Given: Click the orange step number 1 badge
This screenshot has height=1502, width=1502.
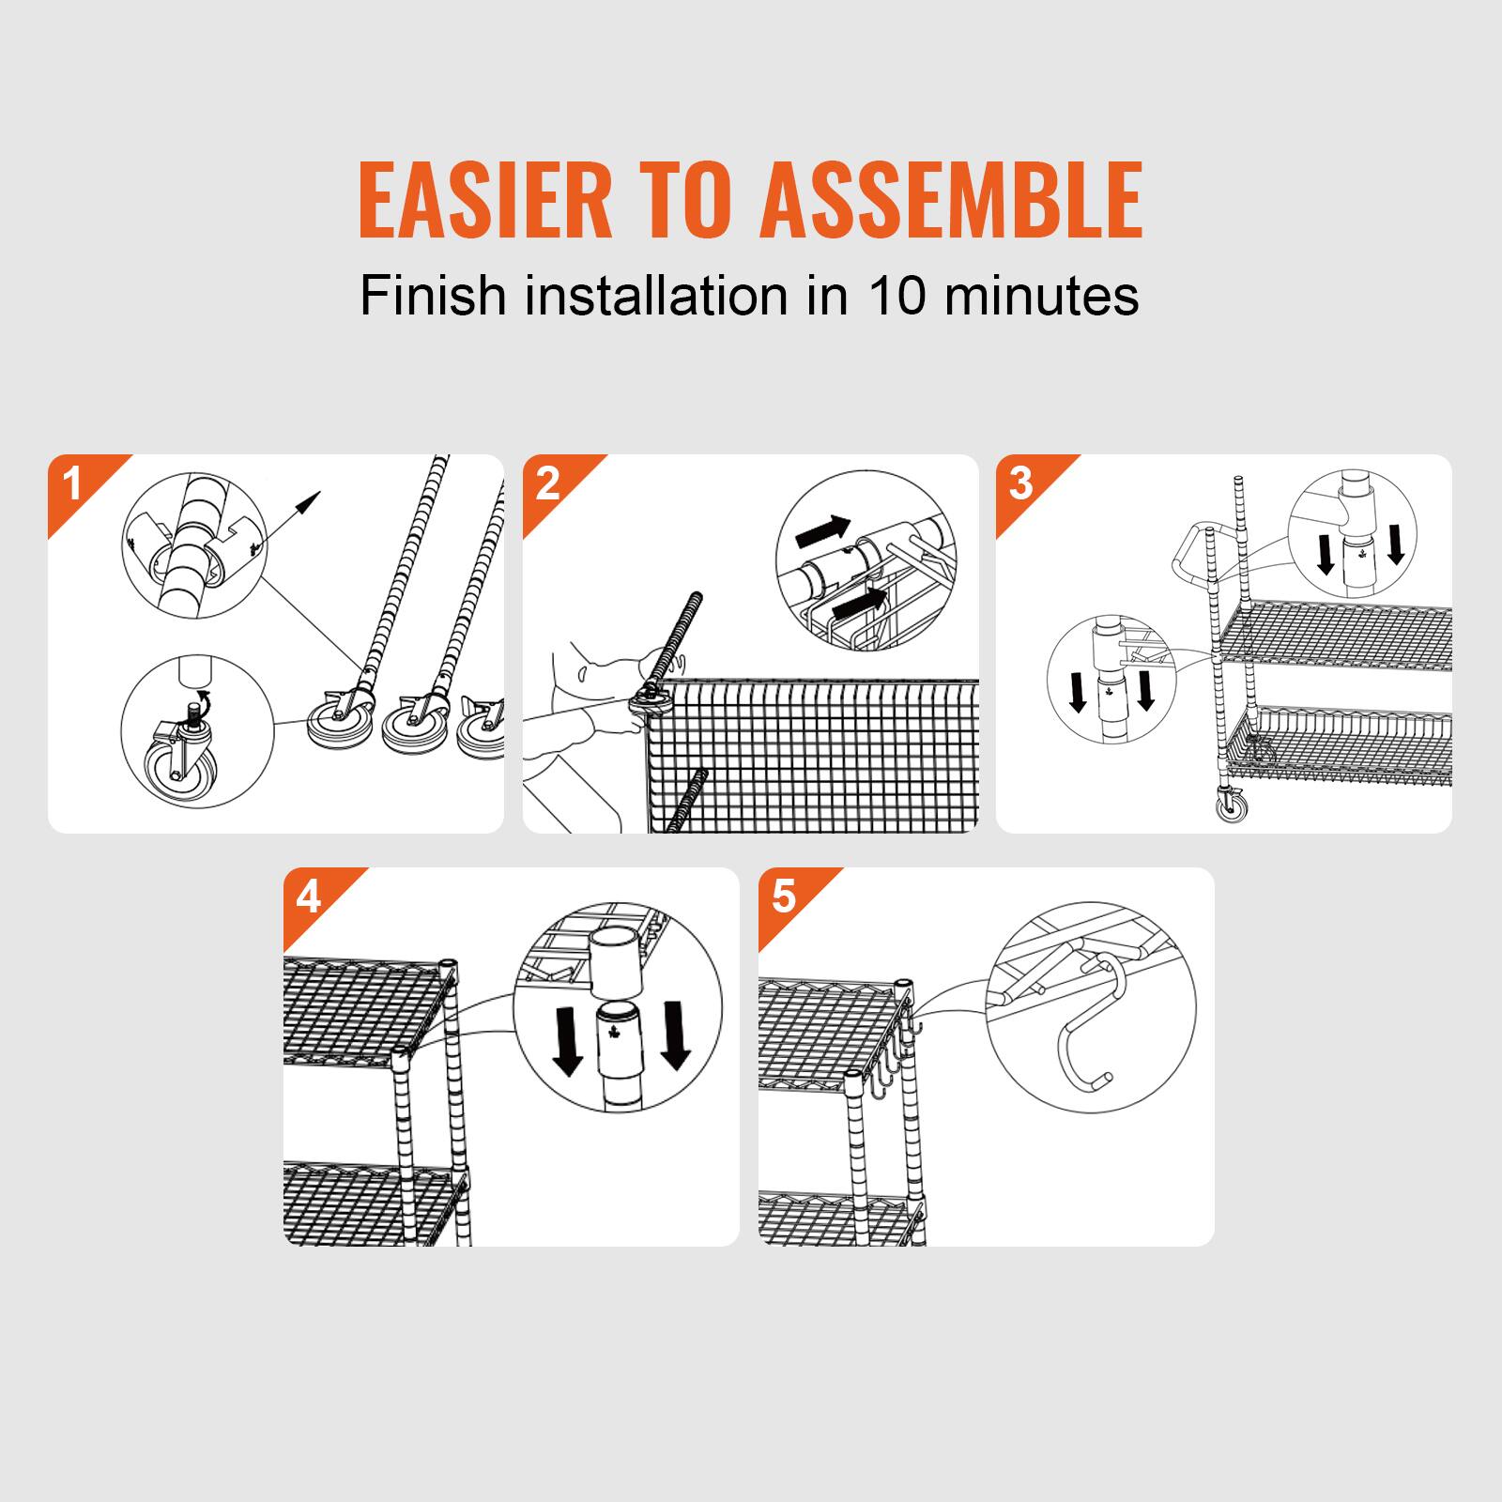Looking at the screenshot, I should point(73,485).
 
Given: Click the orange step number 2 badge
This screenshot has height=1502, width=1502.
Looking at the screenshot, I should point(547,485).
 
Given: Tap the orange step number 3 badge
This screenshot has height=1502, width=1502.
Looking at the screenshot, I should point(1021,485).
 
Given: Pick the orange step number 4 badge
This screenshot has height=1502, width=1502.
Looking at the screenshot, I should point(309,898).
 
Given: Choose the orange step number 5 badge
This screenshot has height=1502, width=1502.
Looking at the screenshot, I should point(784,898).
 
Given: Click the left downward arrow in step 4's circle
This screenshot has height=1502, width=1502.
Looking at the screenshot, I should point(566,1037).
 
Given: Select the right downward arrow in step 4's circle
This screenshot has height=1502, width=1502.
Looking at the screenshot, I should point(674,1037).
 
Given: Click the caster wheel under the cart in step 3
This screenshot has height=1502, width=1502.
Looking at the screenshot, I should point(1233,805).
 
